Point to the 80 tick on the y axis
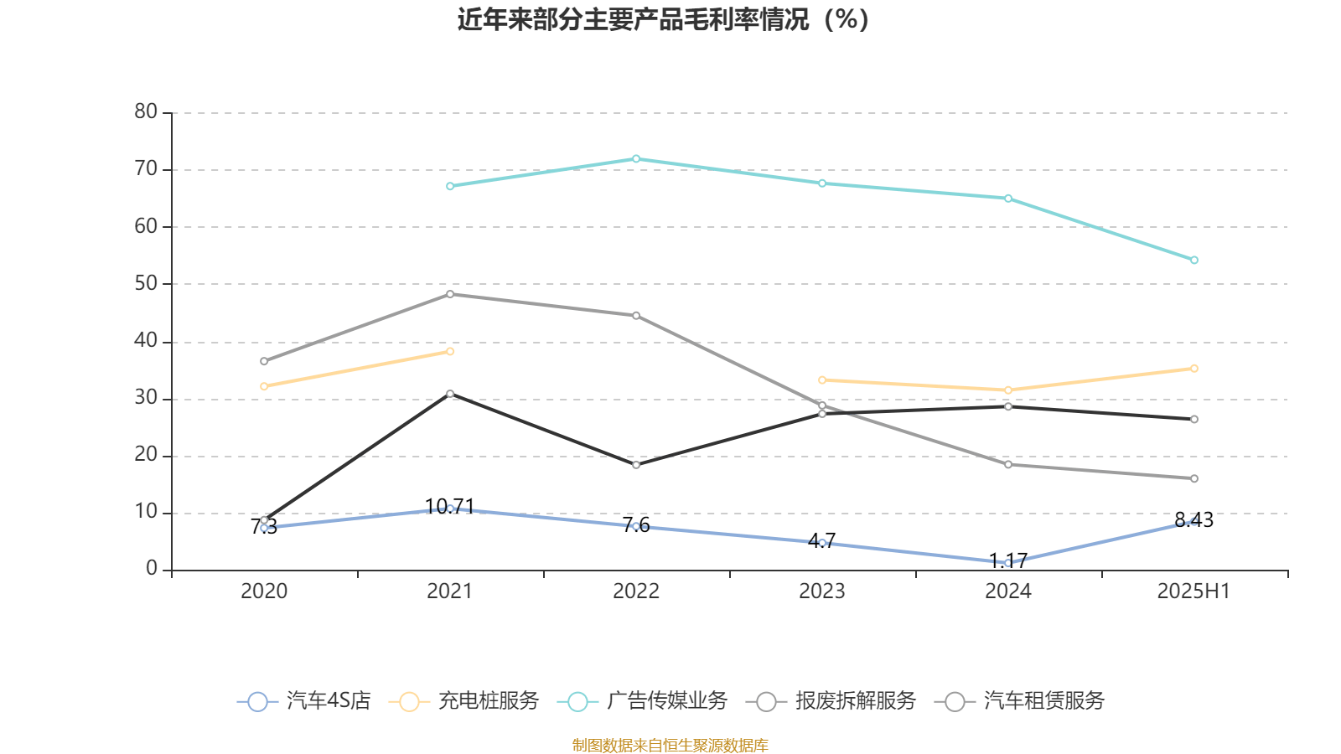[146, 112]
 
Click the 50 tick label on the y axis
[146, 284]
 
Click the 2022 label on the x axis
[636, 591]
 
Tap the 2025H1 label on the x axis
[1193, 591]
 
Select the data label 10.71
[450, 506]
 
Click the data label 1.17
[1008, 560]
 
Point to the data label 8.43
[1193, 520]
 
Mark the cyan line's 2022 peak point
[636, 158]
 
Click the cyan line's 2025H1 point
[1194, 261]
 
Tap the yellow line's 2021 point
[450, 352]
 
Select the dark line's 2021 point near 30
[450, 394]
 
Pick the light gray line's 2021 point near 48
[450, 294]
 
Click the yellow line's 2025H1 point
[1194, 369]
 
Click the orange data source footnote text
[670, 745]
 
